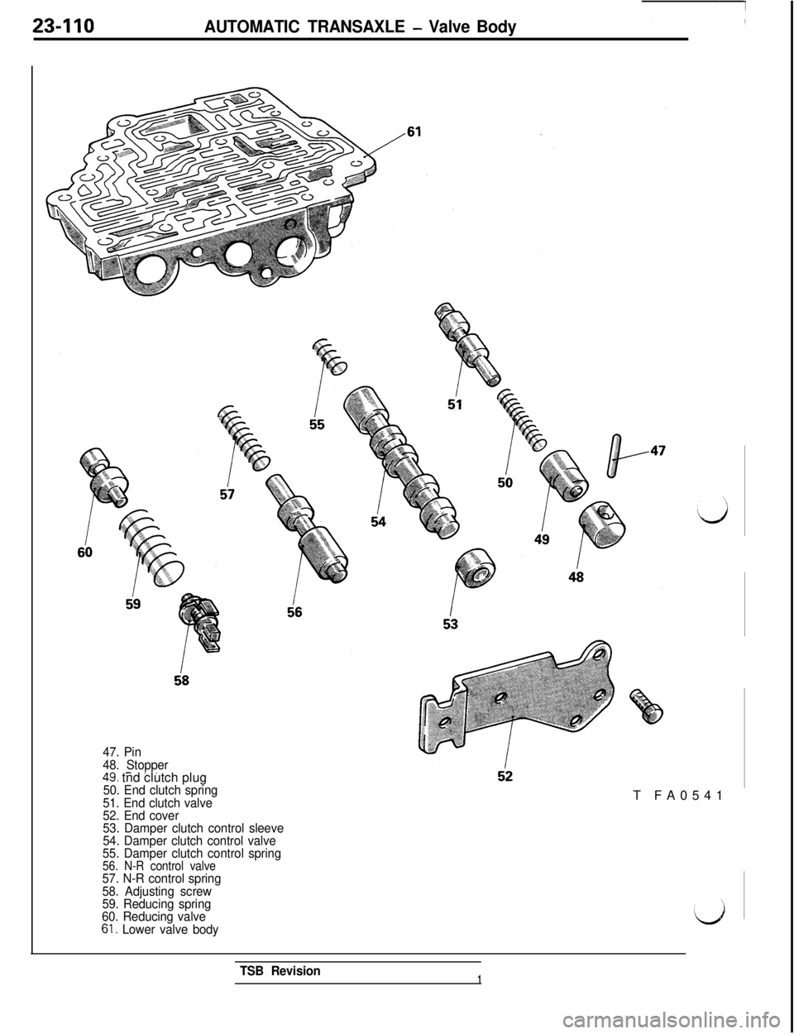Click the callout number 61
tap(414, 132)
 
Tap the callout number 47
tap(658, 451)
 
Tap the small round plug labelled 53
tap(477, 570)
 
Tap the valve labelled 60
tap(103, 475)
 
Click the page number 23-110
tap(64, 27)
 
